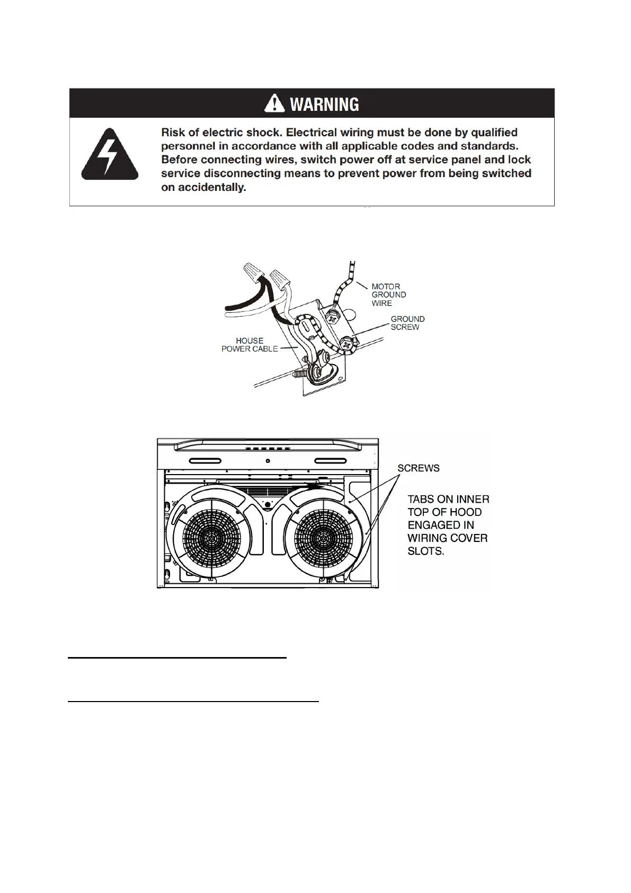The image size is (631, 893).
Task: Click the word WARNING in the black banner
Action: pyautogui.click(x=324, y=104)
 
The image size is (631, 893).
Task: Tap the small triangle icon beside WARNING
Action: pyautogui.click(x=274, y=103)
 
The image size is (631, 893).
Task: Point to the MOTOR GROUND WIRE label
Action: pyautogui.click(x=388, y=295)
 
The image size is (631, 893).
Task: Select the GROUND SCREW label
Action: pyautogui.click(x=407, y=323)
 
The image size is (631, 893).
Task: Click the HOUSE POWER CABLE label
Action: pyautogui.click(x=250, y=345)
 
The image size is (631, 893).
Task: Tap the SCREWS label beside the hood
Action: pyautogui.click(x=418, y=468)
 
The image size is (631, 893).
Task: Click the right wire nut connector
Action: pyautogui.click(x=280, y=277)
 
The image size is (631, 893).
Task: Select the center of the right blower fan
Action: pyautogui.click(x=320, y=538)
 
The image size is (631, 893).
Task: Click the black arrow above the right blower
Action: pyautogui.click(x=313, y=484)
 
